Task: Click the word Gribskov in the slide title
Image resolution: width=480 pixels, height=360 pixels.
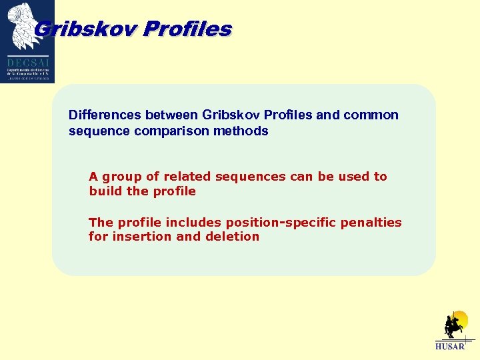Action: click(x=85, y=29)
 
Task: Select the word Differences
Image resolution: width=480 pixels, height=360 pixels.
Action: click(x=105, y=115)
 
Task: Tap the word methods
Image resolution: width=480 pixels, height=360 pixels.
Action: click(x=246, y=131)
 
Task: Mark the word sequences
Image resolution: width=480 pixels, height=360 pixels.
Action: click(x=247, y=177)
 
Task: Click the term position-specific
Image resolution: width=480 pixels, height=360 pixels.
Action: click(x=281, y=222)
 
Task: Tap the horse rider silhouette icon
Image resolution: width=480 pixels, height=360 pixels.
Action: click(x=455, y=326)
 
